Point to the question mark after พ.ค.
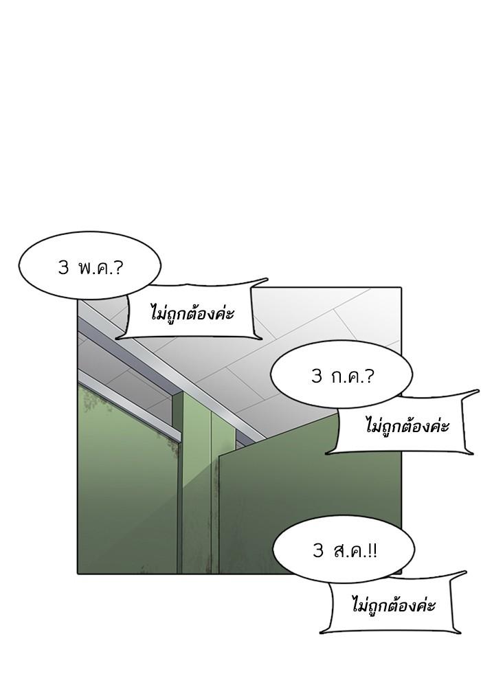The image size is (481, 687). (x=118, y=267)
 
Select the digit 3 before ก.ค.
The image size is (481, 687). (x=316, y=376)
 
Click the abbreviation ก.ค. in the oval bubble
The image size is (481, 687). (x=347, y=376)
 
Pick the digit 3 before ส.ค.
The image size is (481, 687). (x=318, y=551)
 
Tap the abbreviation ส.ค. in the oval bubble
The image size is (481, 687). (x=348, y=551)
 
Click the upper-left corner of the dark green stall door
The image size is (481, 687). (x=219, y=457)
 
